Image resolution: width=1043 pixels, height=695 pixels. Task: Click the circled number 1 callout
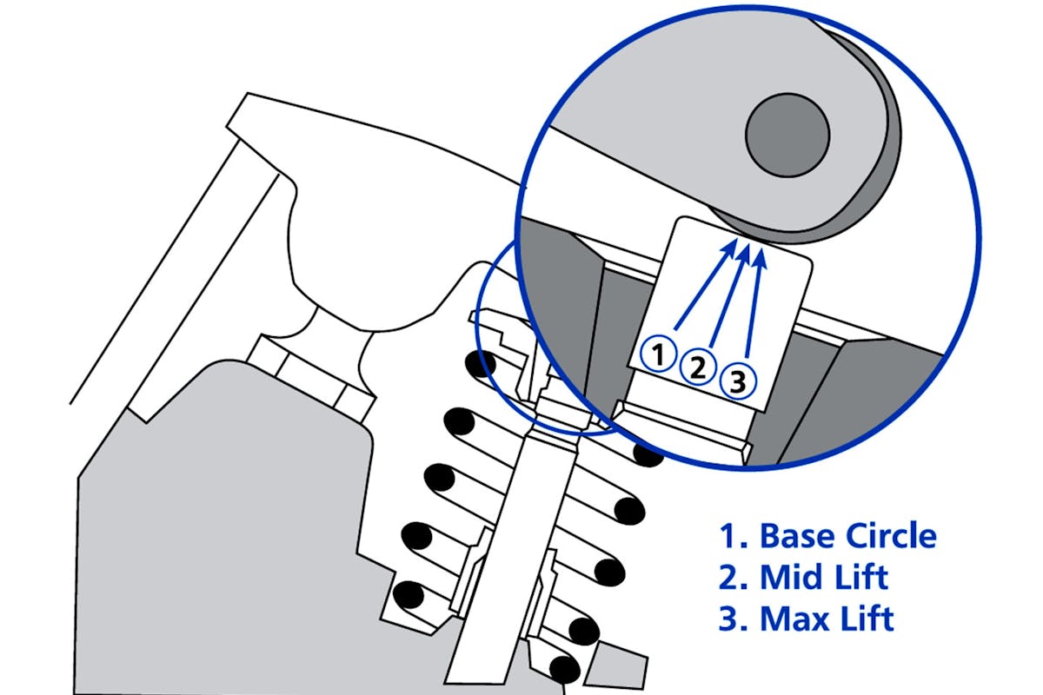658,354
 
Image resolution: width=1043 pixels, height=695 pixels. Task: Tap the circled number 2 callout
697,367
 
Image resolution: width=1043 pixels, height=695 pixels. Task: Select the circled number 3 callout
738,381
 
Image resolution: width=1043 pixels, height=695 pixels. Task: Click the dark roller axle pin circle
787,135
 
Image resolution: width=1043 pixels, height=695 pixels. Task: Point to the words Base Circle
848,536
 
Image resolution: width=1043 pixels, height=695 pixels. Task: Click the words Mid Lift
824,577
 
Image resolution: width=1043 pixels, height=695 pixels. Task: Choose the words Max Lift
827,619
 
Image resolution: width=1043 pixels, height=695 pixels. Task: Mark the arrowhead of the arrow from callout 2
744,252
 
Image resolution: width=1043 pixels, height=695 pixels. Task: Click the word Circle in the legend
891,536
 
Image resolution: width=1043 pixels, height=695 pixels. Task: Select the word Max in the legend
793,619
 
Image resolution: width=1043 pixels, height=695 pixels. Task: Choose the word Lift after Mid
858,577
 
